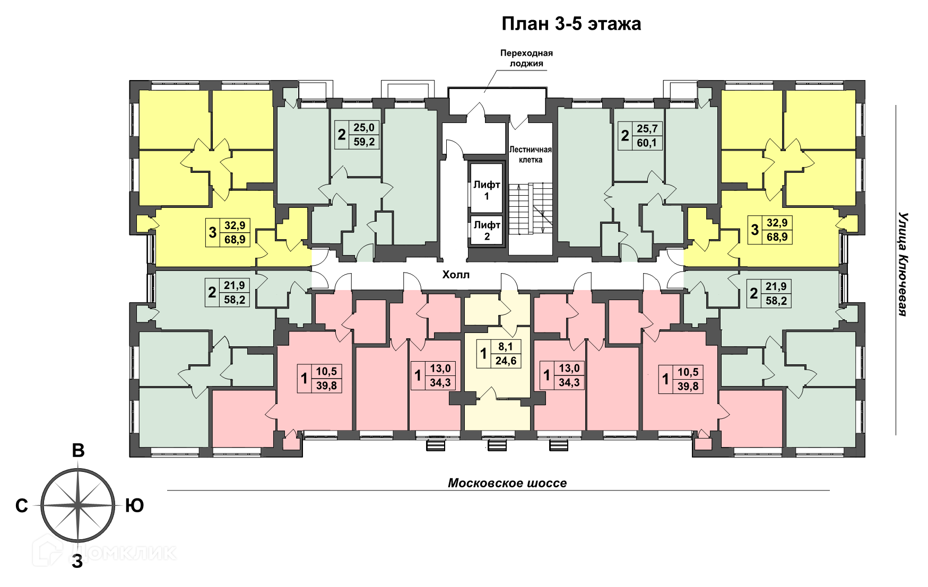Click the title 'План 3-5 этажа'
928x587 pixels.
click(x=571, y=24)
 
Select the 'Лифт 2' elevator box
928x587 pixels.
click(x=487, y=230)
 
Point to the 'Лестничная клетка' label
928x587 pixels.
click(x=530, y=154)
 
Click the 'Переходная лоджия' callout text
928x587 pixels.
click(x=526, y=58)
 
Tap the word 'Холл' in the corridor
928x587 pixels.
click(x=456, y=275)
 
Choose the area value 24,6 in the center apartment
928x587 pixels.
click(x=506, y=361)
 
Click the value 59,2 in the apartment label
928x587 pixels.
click(x=364, y=142)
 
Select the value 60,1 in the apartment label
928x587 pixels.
click(x=647, y=143)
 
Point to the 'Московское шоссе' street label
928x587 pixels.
click(x=507, y=483)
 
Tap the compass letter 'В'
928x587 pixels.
click(x=78, y=450)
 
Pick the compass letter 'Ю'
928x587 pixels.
click(x=135, y=506)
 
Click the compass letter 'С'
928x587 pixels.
click(x=22, y=506)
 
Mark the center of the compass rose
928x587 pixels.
click(x=78, y=505)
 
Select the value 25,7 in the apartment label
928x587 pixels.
click(x=647, y=128)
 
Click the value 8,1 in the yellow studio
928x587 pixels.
click(x=506, y=347)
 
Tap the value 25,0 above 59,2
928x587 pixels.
click(x=364, y=127)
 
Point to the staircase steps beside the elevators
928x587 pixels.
click(x=531, y=208)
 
